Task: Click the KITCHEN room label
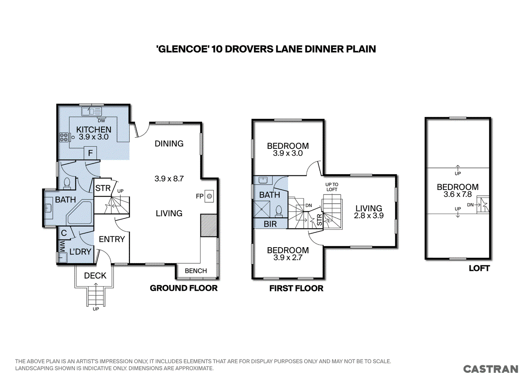point(94,129)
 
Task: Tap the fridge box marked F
point(90,153)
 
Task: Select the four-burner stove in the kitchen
point(64,137)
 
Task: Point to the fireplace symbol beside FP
point(209,196)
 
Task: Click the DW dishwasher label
point(101,121)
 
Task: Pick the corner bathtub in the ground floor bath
point(79,213)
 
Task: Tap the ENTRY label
point(112,239)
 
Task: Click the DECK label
point(95,275)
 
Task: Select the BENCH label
point(196,271)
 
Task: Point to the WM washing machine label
point(62,246)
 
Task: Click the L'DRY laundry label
point(80,251)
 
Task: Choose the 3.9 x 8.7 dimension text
point(169,178)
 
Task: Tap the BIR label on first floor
point(270,224)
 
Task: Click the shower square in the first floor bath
point(261,209)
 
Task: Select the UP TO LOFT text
point(331,187)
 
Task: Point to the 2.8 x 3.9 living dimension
point(369,216)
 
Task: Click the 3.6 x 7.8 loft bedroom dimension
point(458,194)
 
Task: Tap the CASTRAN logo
point(490,369)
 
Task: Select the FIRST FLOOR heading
point(296,288)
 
